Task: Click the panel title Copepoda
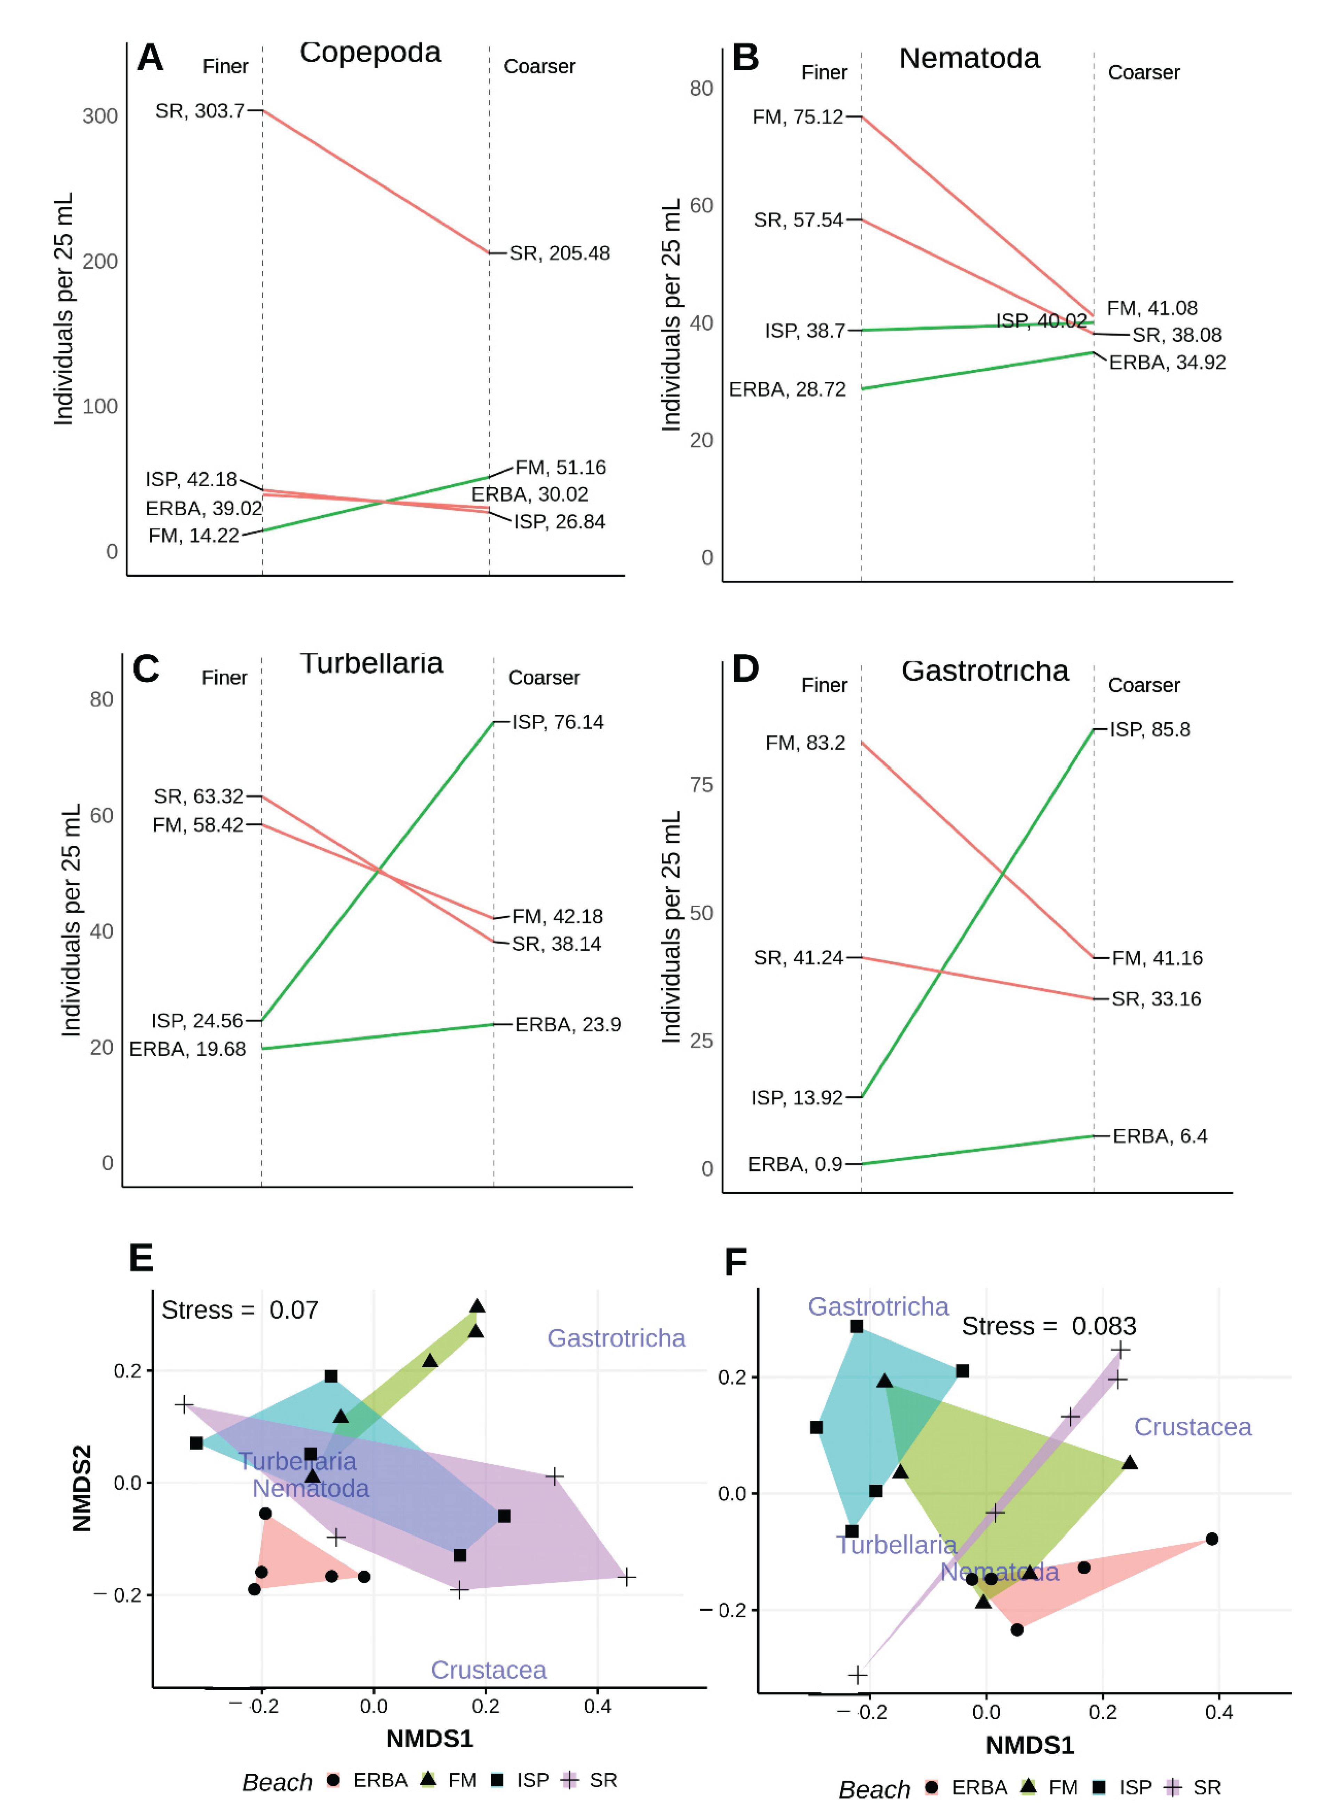[x=370, y=53]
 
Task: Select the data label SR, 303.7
[x=200, y=111]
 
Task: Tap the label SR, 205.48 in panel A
[x=560, y=254]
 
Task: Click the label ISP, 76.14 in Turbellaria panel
[x=558, y=722]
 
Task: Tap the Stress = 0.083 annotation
[x=1048, y=1326]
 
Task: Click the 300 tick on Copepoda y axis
[x=100, y=117]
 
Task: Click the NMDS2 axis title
[x=82, y=1489]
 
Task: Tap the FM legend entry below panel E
[x=449, y=1780]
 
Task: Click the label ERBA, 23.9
[x=568, y=1025]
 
